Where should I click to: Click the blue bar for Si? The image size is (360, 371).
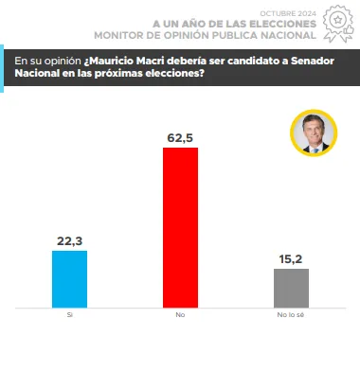pos(69,278)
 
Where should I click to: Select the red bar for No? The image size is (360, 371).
pos(181,227)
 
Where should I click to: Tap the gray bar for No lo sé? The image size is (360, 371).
pos(291,288)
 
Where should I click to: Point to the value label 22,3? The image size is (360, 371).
pos(69,240)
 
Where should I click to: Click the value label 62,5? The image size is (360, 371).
pos(180,138)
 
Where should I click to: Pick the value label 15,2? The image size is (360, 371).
pos(291,258)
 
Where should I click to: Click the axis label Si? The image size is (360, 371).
pos(69,317)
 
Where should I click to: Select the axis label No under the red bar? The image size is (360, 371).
pos(180,317)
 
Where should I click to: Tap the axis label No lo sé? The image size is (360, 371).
pos(291,317)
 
